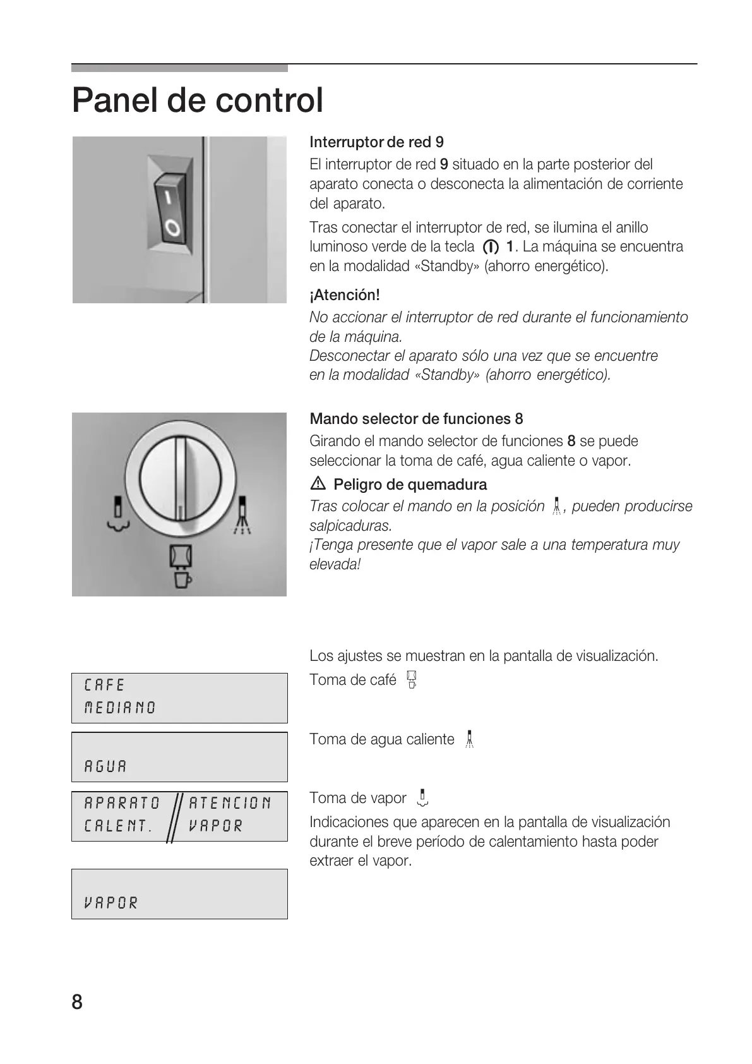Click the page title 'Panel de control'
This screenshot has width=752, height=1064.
coord(197,100)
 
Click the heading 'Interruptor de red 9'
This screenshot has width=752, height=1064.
coord(376,142)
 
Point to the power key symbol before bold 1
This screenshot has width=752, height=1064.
coord(491,247)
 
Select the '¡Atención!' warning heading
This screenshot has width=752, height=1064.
coord(344,295)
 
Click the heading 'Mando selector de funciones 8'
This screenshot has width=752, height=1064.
coord(416,419)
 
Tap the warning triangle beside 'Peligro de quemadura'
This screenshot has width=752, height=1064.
coord(318,485)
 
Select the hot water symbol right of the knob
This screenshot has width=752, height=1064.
coord(242,515)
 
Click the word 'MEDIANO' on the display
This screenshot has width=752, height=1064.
coord(120,708)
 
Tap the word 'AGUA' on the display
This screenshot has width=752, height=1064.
coord(105,766)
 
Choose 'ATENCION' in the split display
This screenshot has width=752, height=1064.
coord(230,803)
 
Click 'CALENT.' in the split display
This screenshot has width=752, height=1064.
coord(118,826)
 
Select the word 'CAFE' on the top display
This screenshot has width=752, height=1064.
coord(105,685)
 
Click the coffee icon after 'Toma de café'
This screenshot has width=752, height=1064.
coord(412,680)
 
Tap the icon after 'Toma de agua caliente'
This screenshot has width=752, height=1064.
coord(469,739)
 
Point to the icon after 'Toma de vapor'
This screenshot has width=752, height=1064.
coord(422,799)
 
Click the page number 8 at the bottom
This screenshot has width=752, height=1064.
coord(77,1002)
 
